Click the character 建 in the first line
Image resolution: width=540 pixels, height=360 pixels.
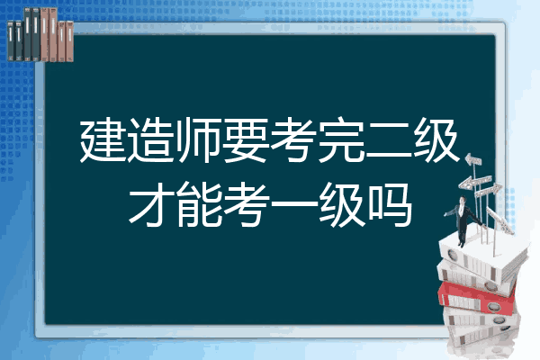(103, 140)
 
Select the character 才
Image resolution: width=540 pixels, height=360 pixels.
(151, 204)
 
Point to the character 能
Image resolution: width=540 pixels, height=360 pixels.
(198, 204)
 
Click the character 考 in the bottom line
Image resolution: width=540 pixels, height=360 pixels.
(246, 204)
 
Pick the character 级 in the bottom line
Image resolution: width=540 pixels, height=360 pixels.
(341, 204)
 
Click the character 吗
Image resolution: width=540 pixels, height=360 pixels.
(389, 204)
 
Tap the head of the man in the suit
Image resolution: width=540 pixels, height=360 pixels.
(463, 201)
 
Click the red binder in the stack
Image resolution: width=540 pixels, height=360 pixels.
(477, 298)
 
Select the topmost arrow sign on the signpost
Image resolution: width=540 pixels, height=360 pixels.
(473, 160)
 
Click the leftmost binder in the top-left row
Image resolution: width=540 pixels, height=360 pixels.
(11, 40)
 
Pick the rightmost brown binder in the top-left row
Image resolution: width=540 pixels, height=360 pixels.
(69, 41)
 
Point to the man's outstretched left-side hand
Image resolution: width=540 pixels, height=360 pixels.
(445, 214)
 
